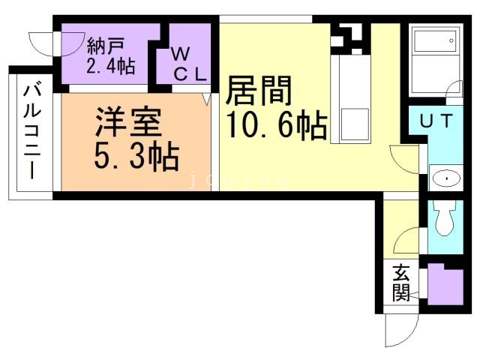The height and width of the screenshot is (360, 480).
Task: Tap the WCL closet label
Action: point(186,63)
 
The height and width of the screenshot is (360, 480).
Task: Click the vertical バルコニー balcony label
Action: point(31,130)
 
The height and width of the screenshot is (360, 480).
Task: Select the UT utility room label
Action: point(434,121)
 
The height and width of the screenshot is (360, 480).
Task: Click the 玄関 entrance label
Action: point(401,283)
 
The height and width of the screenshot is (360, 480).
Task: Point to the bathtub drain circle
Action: point(451,40)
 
